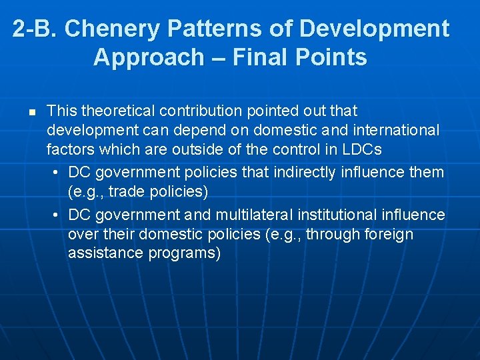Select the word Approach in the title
[x=147, y=57]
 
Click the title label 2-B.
[x=35, y=29]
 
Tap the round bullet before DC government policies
[x=58, y=173]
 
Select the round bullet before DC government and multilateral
[x=58, y=215]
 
